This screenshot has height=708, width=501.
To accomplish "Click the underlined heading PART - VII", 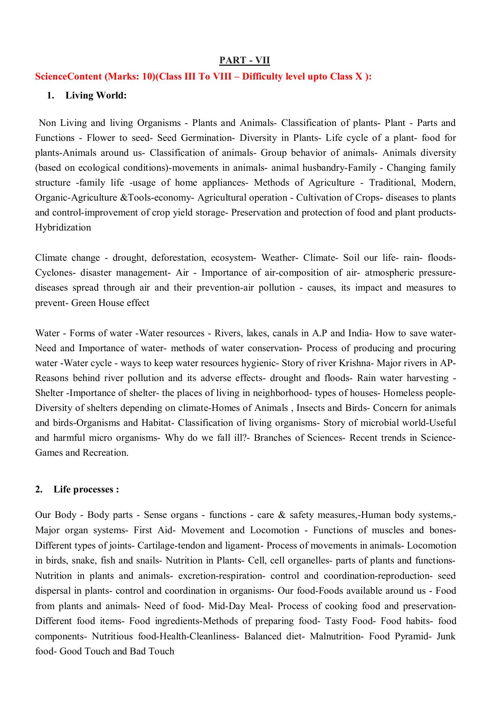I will (244, 61).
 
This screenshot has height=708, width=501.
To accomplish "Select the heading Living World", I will (96, 96).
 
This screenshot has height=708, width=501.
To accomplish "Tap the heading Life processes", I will (86, 489).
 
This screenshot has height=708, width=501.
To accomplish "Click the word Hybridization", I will (63, 227).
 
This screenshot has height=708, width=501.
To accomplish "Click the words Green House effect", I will (110, 303).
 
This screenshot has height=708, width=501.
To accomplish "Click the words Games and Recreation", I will (82, 452).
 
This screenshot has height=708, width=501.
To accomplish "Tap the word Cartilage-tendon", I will (172, 545).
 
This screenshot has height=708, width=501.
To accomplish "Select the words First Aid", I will (155, 530).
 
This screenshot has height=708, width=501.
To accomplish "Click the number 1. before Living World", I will (50, 96).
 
